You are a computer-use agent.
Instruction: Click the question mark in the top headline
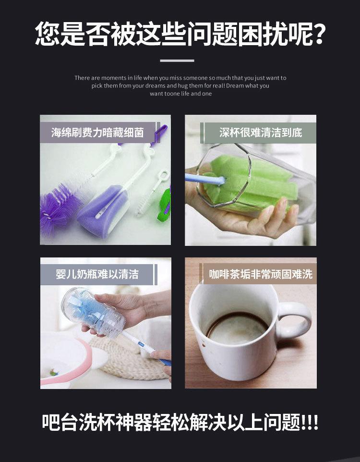(x=317, y=34)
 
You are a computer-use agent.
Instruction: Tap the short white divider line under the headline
(x=177, y=61)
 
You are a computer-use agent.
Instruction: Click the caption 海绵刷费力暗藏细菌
(x=97, y=133)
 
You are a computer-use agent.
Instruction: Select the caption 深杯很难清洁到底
(x=261, y=133)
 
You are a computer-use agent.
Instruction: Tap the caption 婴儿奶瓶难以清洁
(x=97, y=274)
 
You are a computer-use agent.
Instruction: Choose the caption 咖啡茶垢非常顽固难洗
(x=261, y=274)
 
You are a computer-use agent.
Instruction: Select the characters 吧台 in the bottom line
(x=60, y=422)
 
